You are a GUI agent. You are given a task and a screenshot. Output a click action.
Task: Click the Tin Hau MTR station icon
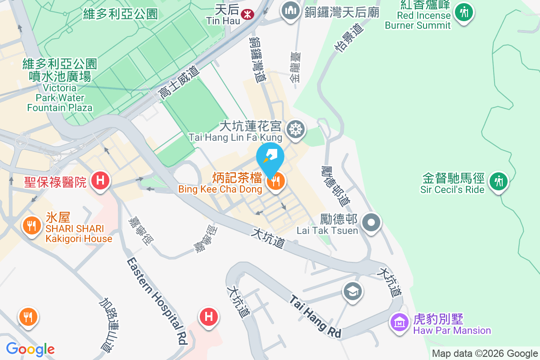click(x=247, y=13)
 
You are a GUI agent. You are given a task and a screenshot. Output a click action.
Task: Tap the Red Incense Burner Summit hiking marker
click(x=463, y=12)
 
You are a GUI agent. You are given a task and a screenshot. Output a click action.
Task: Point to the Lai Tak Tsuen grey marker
click(x=372, y=222)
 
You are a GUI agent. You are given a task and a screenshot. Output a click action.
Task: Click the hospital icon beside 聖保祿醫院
click(x=100, y=181)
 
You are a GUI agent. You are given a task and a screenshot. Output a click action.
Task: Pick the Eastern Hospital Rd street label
click(x=157, y=301)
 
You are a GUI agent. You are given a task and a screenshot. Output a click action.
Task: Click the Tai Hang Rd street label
click(x=315, y=316)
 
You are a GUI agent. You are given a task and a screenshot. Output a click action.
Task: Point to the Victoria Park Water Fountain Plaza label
click(x=59, y=85)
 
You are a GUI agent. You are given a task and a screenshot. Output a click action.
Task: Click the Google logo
click(x=30, y=349)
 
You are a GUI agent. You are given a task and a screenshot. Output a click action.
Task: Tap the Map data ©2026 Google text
click(x=485, y=354)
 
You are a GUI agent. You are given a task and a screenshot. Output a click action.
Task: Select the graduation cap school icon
click(x=353, y=291)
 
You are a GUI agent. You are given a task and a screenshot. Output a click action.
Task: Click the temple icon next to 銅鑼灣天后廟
click(x=291, y=11)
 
